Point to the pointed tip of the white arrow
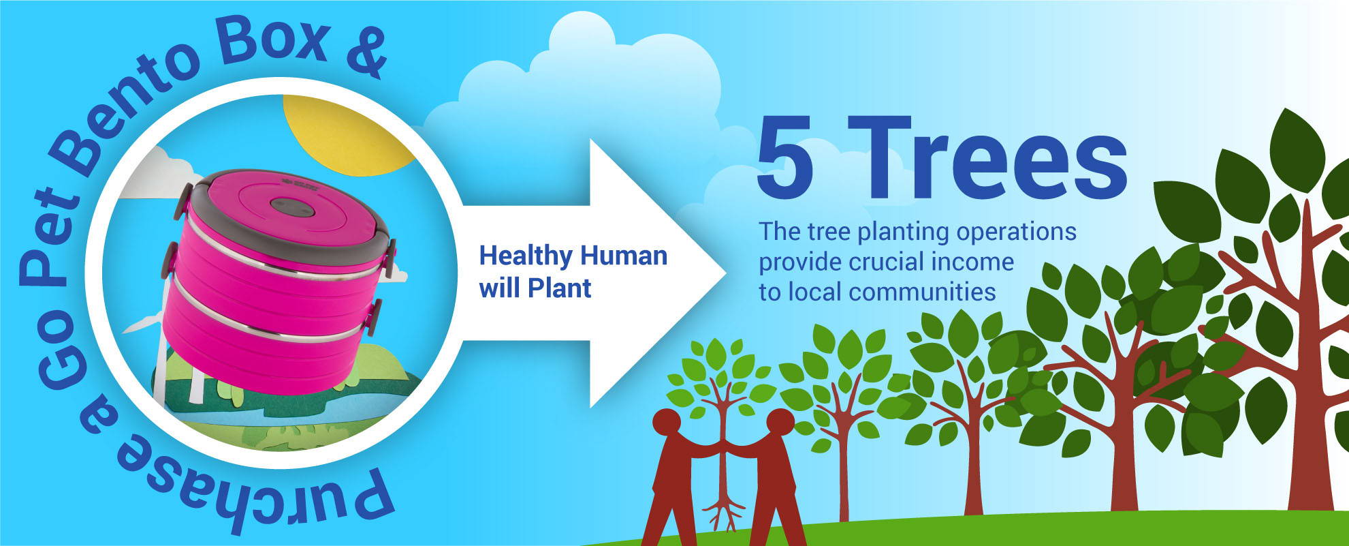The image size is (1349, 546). [x=727, y=273]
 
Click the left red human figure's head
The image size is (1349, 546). [x=667, y=423]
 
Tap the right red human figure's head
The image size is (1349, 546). [x=780, y=423]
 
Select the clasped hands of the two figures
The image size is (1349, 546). [x=725, y=446]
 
